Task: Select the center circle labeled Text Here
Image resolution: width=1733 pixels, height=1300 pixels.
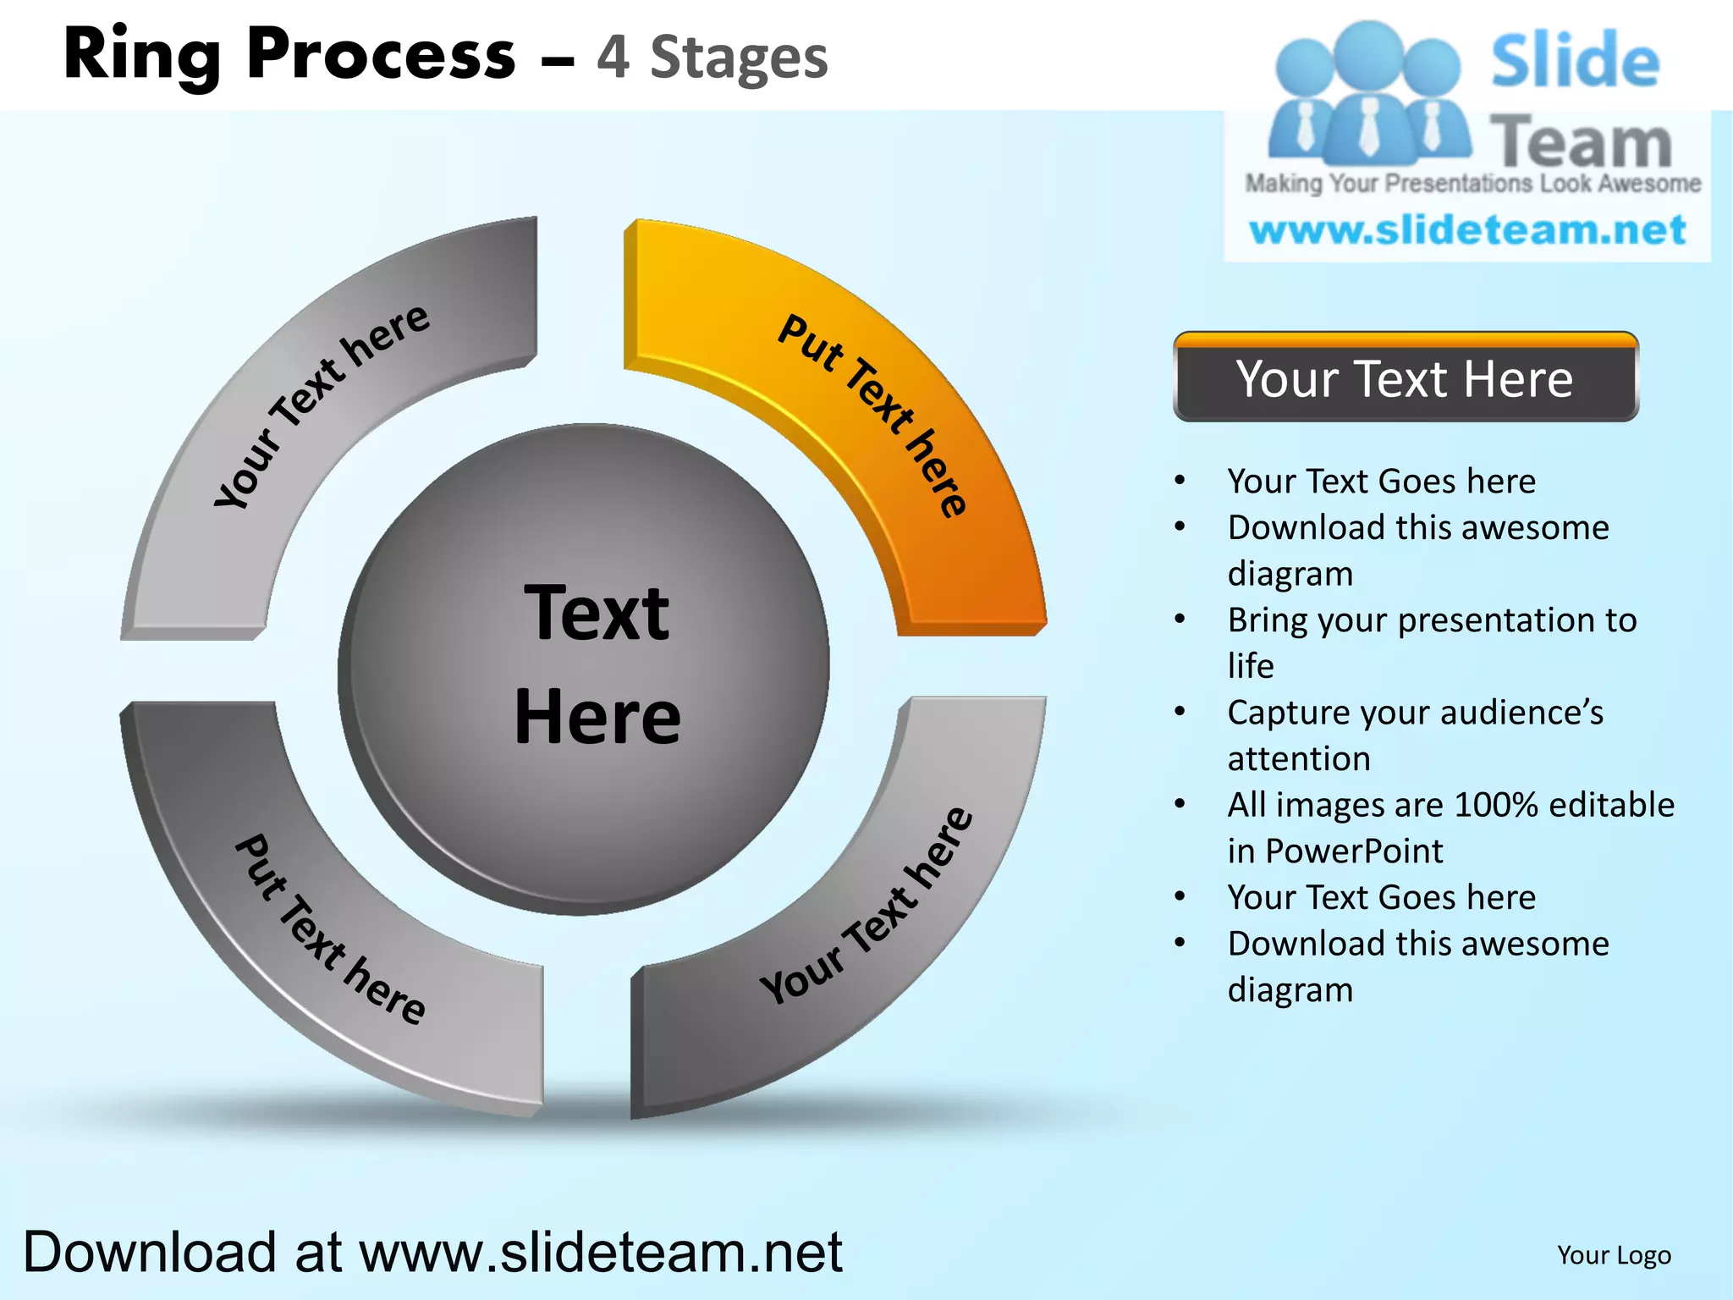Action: pos(584,669)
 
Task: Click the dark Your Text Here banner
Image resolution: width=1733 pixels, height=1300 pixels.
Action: pos(1405,378)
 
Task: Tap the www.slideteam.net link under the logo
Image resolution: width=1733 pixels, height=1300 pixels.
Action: pos(1467,230)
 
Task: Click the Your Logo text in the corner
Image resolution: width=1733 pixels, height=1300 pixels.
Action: pos(1614,1255)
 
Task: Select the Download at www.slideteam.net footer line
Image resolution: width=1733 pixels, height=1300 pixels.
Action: pos(432,1252)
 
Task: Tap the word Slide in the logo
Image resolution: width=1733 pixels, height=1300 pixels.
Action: pos(1575,60)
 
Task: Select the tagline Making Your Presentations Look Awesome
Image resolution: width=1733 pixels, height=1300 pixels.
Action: pos(1472,184)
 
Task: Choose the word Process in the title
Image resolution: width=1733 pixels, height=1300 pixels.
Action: pos(381,55)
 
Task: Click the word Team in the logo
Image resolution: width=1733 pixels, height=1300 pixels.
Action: pos(1581,142)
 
